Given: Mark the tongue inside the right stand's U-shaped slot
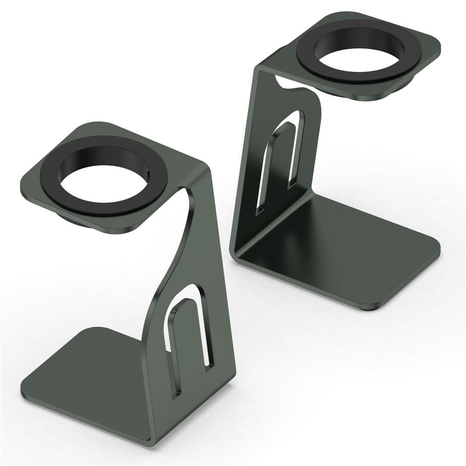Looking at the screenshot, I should point(277,163).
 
